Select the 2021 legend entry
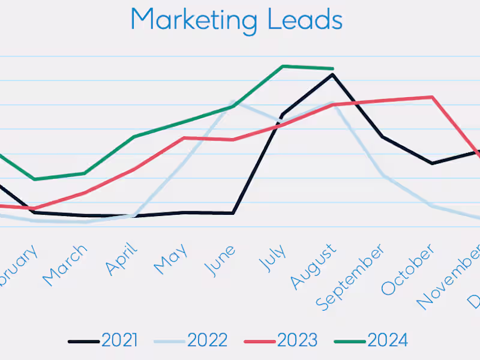(x=119, y=341)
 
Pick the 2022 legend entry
(x=207, y=341)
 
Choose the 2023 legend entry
(x=296, y=341)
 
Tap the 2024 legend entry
(x=387, y=341)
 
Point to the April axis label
(x=122, y=259)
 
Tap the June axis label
(x=220, y=259)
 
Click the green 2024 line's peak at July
(x=283, y=66)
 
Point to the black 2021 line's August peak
(x=332, y=74)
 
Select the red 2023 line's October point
(x=432, y=97)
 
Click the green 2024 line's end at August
(x=332, y=68)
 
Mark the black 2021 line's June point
(x=233, y=213)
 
